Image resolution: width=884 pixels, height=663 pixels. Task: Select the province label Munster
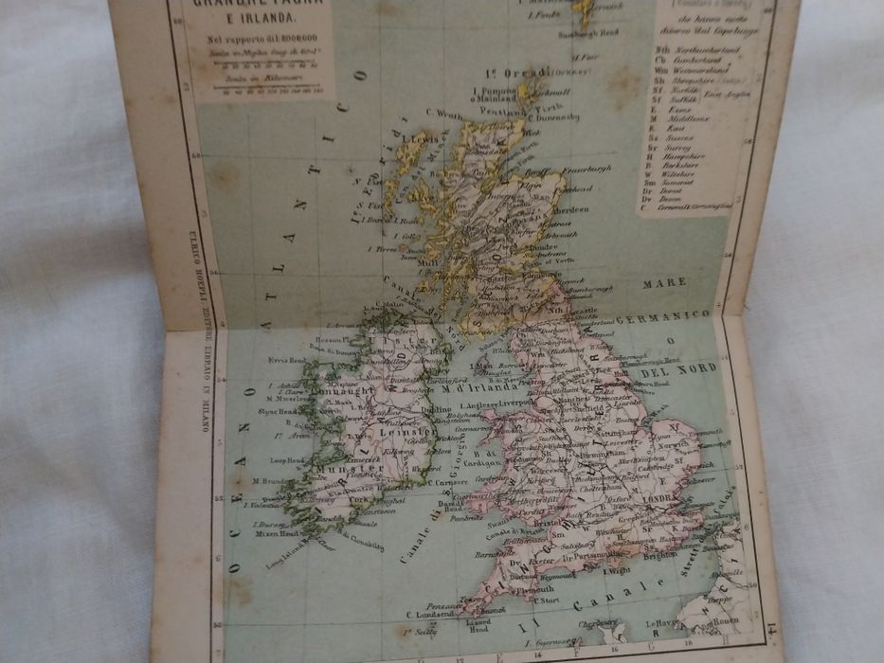pos(335,469)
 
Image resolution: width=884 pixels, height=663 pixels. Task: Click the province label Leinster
pos(406,431)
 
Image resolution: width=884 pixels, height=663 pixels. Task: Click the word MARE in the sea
pos(663,282)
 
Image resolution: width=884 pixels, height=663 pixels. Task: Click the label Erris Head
pos(288,361)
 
